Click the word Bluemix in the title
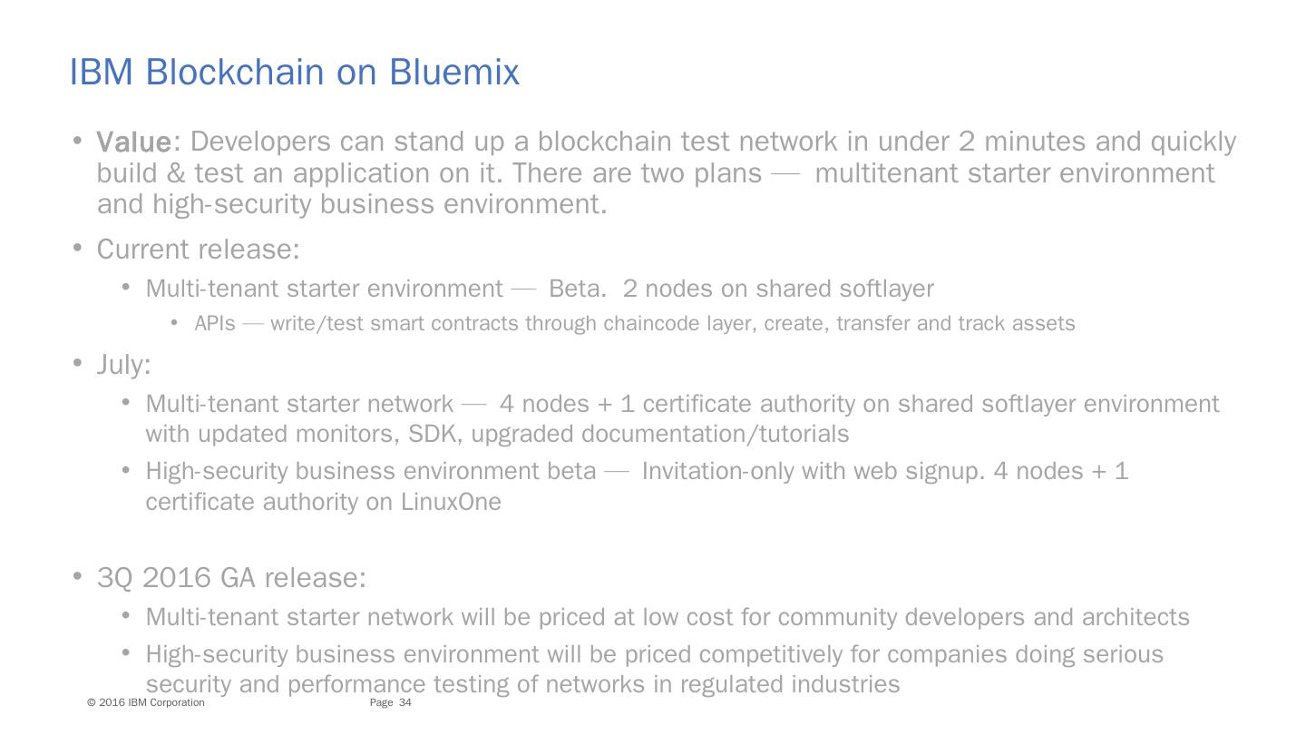454,72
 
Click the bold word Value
133,142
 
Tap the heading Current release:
198,249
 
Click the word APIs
215,324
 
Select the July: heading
123,365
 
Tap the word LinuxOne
451,502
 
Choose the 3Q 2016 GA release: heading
231,578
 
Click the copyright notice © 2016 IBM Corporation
146,703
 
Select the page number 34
405,703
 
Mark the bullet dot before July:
78,363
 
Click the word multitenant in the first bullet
887,173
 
